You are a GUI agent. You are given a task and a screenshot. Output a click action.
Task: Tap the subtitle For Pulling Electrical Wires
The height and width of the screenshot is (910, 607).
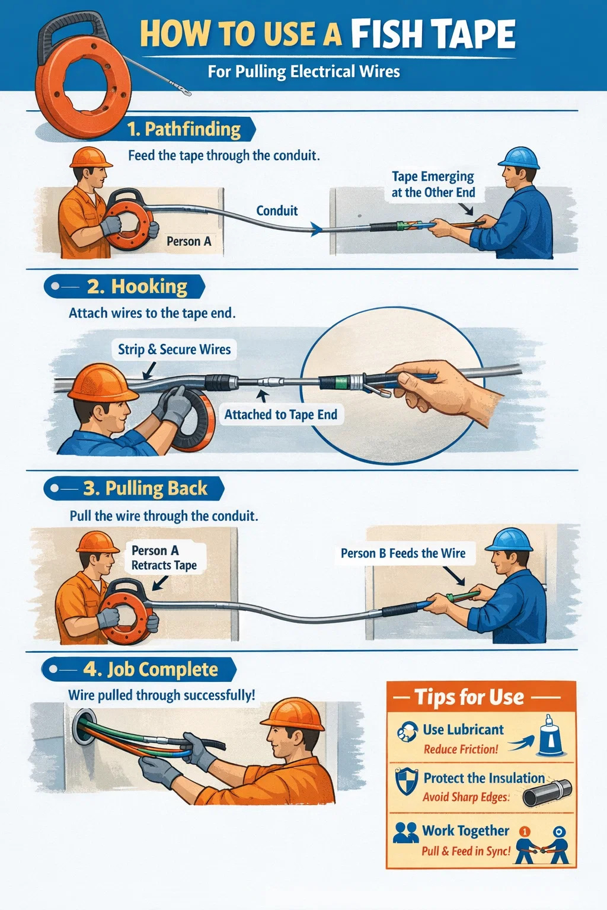pyautogui.click(x=303, y=72)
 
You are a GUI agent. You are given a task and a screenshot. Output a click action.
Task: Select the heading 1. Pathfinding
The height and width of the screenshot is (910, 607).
pyautogui.click(x=184, y=129)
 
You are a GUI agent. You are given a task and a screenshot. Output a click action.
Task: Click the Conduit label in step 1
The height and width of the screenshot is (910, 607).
pyautogui.click(x=277, y=210)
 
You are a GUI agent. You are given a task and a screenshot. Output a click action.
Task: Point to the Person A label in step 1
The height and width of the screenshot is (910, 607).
pyautogui.click(x=189, y=241)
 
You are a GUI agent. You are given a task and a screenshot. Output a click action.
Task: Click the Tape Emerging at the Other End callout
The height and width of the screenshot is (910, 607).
pyautogui.click(x=433, y=184)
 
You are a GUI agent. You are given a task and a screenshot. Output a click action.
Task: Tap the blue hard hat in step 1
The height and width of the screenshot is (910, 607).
pyautogui.click(x=518, y=158)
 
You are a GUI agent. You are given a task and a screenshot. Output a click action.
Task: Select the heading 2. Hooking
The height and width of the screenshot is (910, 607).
pyautogui.click(x=138, y=286)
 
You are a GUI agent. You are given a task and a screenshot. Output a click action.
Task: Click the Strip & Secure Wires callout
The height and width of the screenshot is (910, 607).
pyautogui.click(x=174, y=350)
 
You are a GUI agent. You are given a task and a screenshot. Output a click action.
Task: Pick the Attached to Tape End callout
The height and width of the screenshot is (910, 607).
pyautogui.click(x=281, y=414)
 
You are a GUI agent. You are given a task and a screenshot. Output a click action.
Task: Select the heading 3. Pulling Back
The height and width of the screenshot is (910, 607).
pyautogui.click(x=145, y=488)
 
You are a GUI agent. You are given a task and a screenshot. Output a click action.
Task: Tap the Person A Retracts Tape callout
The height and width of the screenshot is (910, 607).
pyautogui.click(x=164, y=557)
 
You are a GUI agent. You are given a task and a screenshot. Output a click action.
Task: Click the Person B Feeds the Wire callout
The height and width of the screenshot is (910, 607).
pyautogui.click(x=403, y=553)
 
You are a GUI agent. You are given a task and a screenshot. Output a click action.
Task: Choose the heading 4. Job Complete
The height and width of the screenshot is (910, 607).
pyautogui.click(x=151, y=669)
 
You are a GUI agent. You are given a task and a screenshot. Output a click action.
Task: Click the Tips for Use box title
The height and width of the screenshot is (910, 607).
pyautogui.click(x=469, y=697)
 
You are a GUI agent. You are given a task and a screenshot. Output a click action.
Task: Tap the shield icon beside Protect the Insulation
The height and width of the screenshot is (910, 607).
pyautogui.click(x=407, y=781)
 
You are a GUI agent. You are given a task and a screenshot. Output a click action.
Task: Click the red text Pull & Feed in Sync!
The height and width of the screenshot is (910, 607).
pyautogui.click(x=466, y=851)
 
